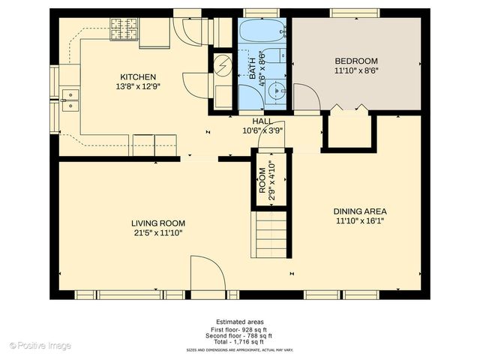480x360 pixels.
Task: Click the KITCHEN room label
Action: click(x=138, y=76)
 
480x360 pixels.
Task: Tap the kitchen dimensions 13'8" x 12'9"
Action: click(x=138, y=86)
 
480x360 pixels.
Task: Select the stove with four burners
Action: click(x=124, y=30)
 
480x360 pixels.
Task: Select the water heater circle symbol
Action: click(x=223, y=65)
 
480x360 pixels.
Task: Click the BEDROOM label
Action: click(x=355, y=61)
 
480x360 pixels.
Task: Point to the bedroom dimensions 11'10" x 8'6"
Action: click(x=355, y=70)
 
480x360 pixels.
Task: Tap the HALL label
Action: click(x=262, y=121)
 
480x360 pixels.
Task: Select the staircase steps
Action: click(x=271, y=234)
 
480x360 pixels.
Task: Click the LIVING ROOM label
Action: click(x=157, y=223)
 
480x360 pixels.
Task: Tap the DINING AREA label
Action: click(x=360, y=211)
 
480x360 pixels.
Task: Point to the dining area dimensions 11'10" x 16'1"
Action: click(x=360, y=220)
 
